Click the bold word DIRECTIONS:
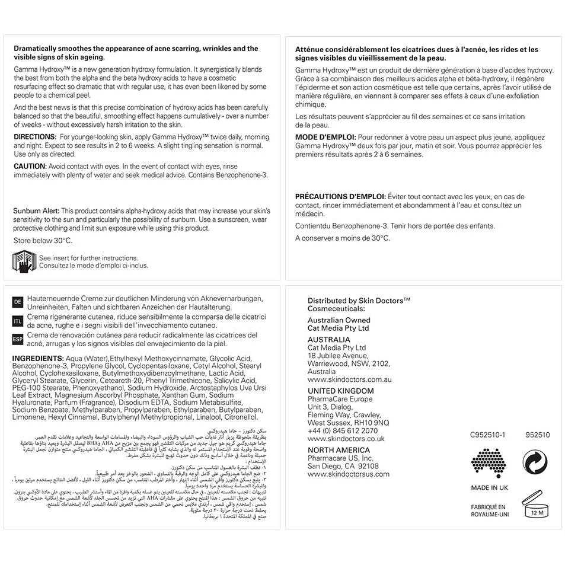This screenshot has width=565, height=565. tap(35, 136)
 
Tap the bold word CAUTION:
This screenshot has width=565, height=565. tap(30, 167)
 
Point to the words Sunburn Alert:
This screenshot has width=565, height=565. tap(36, 210)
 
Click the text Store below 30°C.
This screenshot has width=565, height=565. tap(43, 241)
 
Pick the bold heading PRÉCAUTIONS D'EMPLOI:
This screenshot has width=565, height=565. tap(340, 196)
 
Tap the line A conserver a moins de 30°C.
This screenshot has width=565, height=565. tap(342, 238)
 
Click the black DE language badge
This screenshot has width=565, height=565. tap(18, 302)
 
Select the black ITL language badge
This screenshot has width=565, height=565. tap(18, 321)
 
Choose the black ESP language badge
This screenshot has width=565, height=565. tap(18, 339)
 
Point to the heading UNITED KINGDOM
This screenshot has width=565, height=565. tap(340, 391)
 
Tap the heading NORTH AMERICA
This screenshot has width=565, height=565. tap(338, 450)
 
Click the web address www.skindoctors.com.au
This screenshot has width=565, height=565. tap(349, 379)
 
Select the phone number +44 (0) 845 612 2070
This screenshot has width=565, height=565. tap(342, 431)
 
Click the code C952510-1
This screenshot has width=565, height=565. tap(487, 435)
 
